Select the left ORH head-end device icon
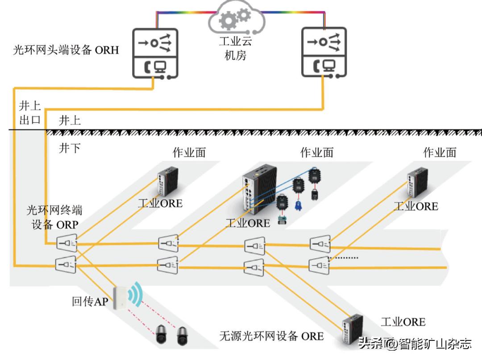(x=155, y=53)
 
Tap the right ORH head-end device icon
(x=324, y=53)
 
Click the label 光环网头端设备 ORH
(x=66, y=50)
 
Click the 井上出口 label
(x=30, y=113)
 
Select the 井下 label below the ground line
(x=70, y=148)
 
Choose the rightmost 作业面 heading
(x=440, y=153)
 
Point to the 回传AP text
(x=90, y=302)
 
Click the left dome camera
(x=162, y=335)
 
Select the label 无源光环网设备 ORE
(x=271, y=336)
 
